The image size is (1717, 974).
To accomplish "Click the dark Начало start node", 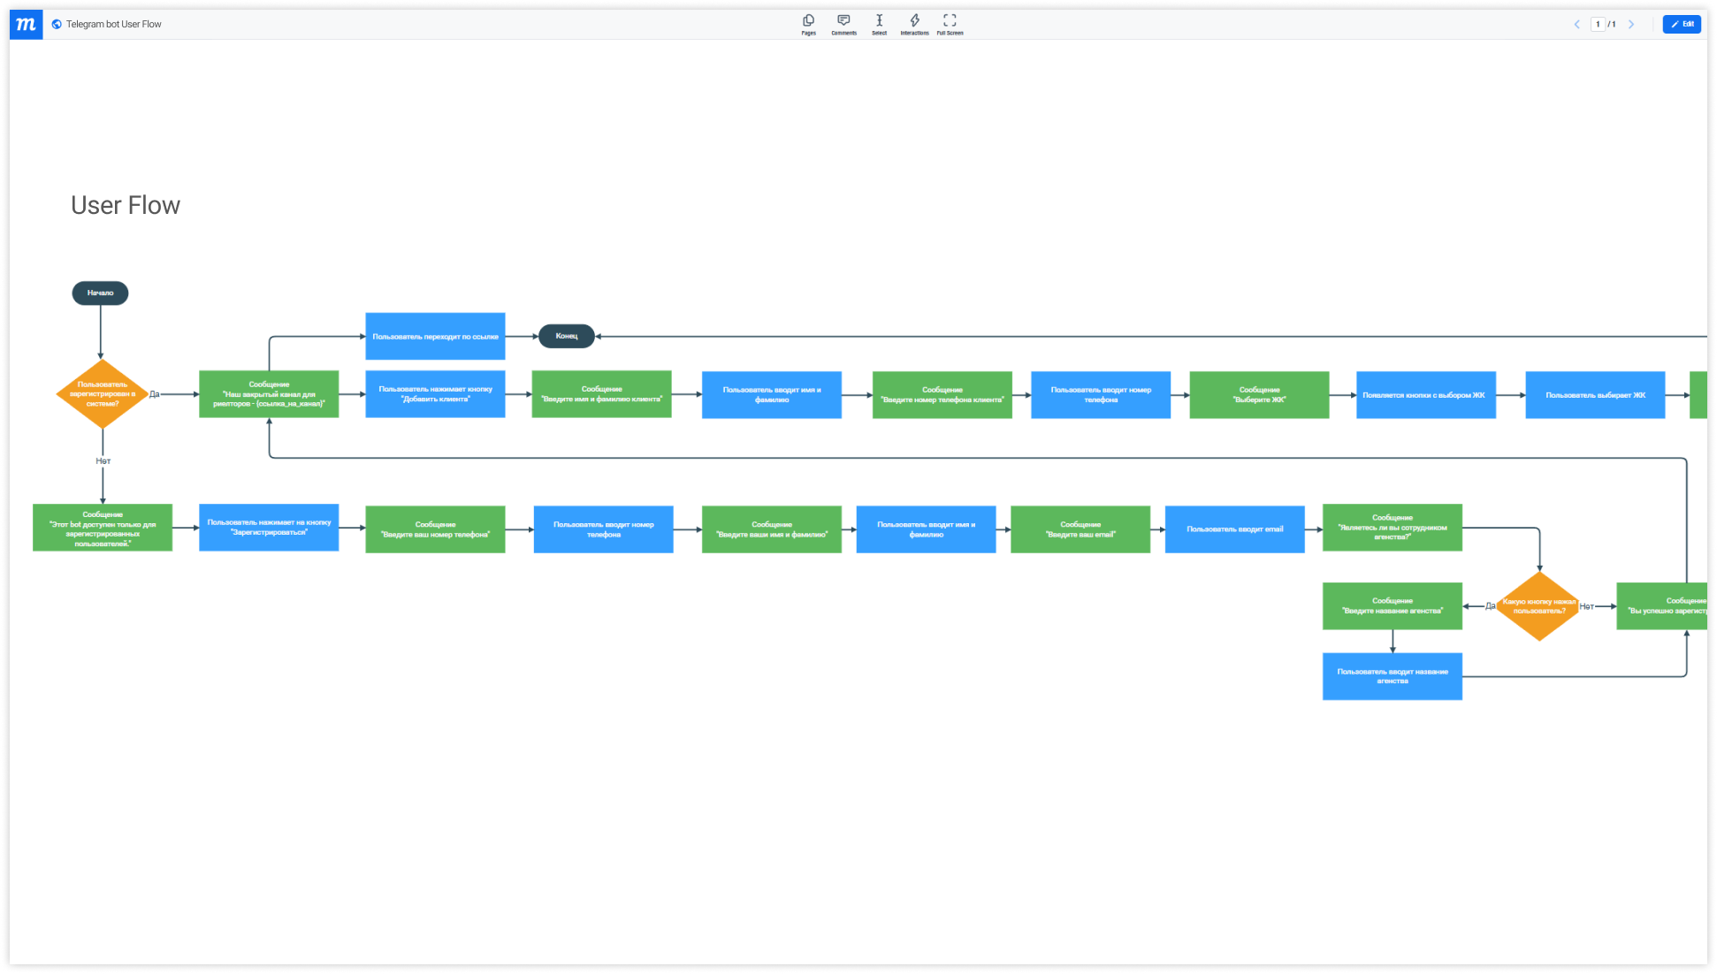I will coord(100,293).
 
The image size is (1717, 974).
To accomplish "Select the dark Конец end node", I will coord(566,336).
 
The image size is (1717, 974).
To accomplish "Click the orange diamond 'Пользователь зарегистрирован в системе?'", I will coord(103,394).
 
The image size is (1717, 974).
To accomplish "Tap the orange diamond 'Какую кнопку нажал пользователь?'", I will coord(1538,606).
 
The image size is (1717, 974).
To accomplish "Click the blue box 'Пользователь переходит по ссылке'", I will coord(435,337).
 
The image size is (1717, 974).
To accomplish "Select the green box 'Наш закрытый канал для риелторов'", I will coord(269,394).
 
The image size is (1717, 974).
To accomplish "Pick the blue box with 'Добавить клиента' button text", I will coord(435,394).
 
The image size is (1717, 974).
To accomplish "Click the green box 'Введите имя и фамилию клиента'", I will coord(601,394).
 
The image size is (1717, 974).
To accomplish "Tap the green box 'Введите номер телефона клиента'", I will coord(942,395).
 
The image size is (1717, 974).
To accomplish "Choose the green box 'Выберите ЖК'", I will coord(1259,395).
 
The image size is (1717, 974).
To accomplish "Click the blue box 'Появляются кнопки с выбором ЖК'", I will coord(1425,395).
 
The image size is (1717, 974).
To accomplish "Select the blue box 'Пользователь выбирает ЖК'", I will coord(1595,395).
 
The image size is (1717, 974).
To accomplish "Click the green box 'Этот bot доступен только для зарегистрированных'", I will coord(103,529).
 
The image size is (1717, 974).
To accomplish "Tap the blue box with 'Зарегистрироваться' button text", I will coord(269,528).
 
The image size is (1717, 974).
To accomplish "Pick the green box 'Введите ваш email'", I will coord(1080,529).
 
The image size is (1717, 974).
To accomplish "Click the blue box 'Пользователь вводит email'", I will coord(1234,529).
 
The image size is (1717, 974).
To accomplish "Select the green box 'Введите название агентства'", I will coord(1392,606).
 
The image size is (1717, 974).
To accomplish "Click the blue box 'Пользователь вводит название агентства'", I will coord(1392,676).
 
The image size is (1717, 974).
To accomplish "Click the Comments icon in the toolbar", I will coord(843,24).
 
